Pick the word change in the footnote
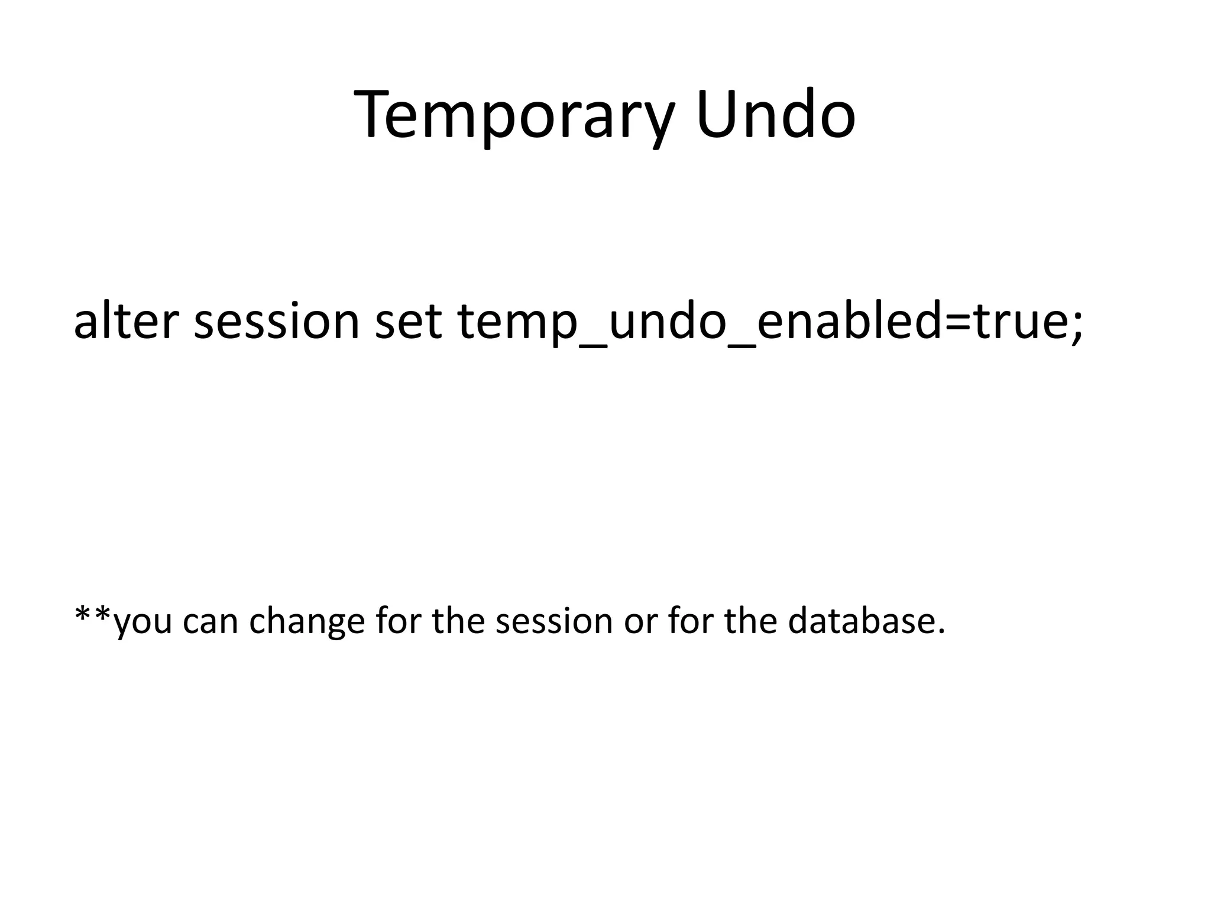(306, 622)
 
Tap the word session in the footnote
(553, 622)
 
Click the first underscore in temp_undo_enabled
(592, 346)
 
